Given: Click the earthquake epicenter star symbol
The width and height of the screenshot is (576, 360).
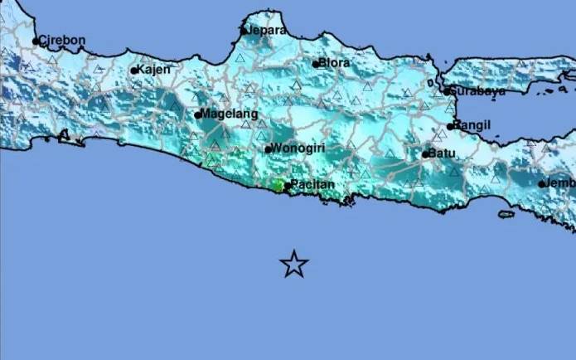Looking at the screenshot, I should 293,264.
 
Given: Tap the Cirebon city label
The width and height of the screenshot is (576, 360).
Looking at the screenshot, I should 63,40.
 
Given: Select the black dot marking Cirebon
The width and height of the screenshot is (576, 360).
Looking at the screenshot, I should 36,41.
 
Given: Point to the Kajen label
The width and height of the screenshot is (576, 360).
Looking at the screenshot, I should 155,70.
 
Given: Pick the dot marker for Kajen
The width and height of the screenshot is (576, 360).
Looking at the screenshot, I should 134,71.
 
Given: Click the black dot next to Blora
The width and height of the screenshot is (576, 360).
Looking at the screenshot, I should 316,63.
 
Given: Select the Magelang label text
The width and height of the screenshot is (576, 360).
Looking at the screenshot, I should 230,114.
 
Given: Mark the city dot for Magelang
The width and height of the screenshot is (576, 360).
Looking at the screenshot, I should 198,114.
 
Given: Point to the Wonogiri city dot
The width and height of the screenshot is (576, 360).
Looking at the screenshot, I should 268,149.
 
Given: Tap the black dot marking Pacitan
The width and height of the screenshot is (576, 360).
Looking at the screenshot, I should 288,186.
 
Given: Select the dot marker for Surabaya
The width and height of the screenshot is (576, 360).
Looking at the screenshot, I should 447,91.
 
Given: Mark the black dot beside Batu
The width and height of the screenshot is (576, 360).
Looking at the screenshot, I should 425,153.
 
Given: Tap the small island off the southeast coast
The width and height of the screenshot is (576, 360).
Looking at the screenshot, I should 507,214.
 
